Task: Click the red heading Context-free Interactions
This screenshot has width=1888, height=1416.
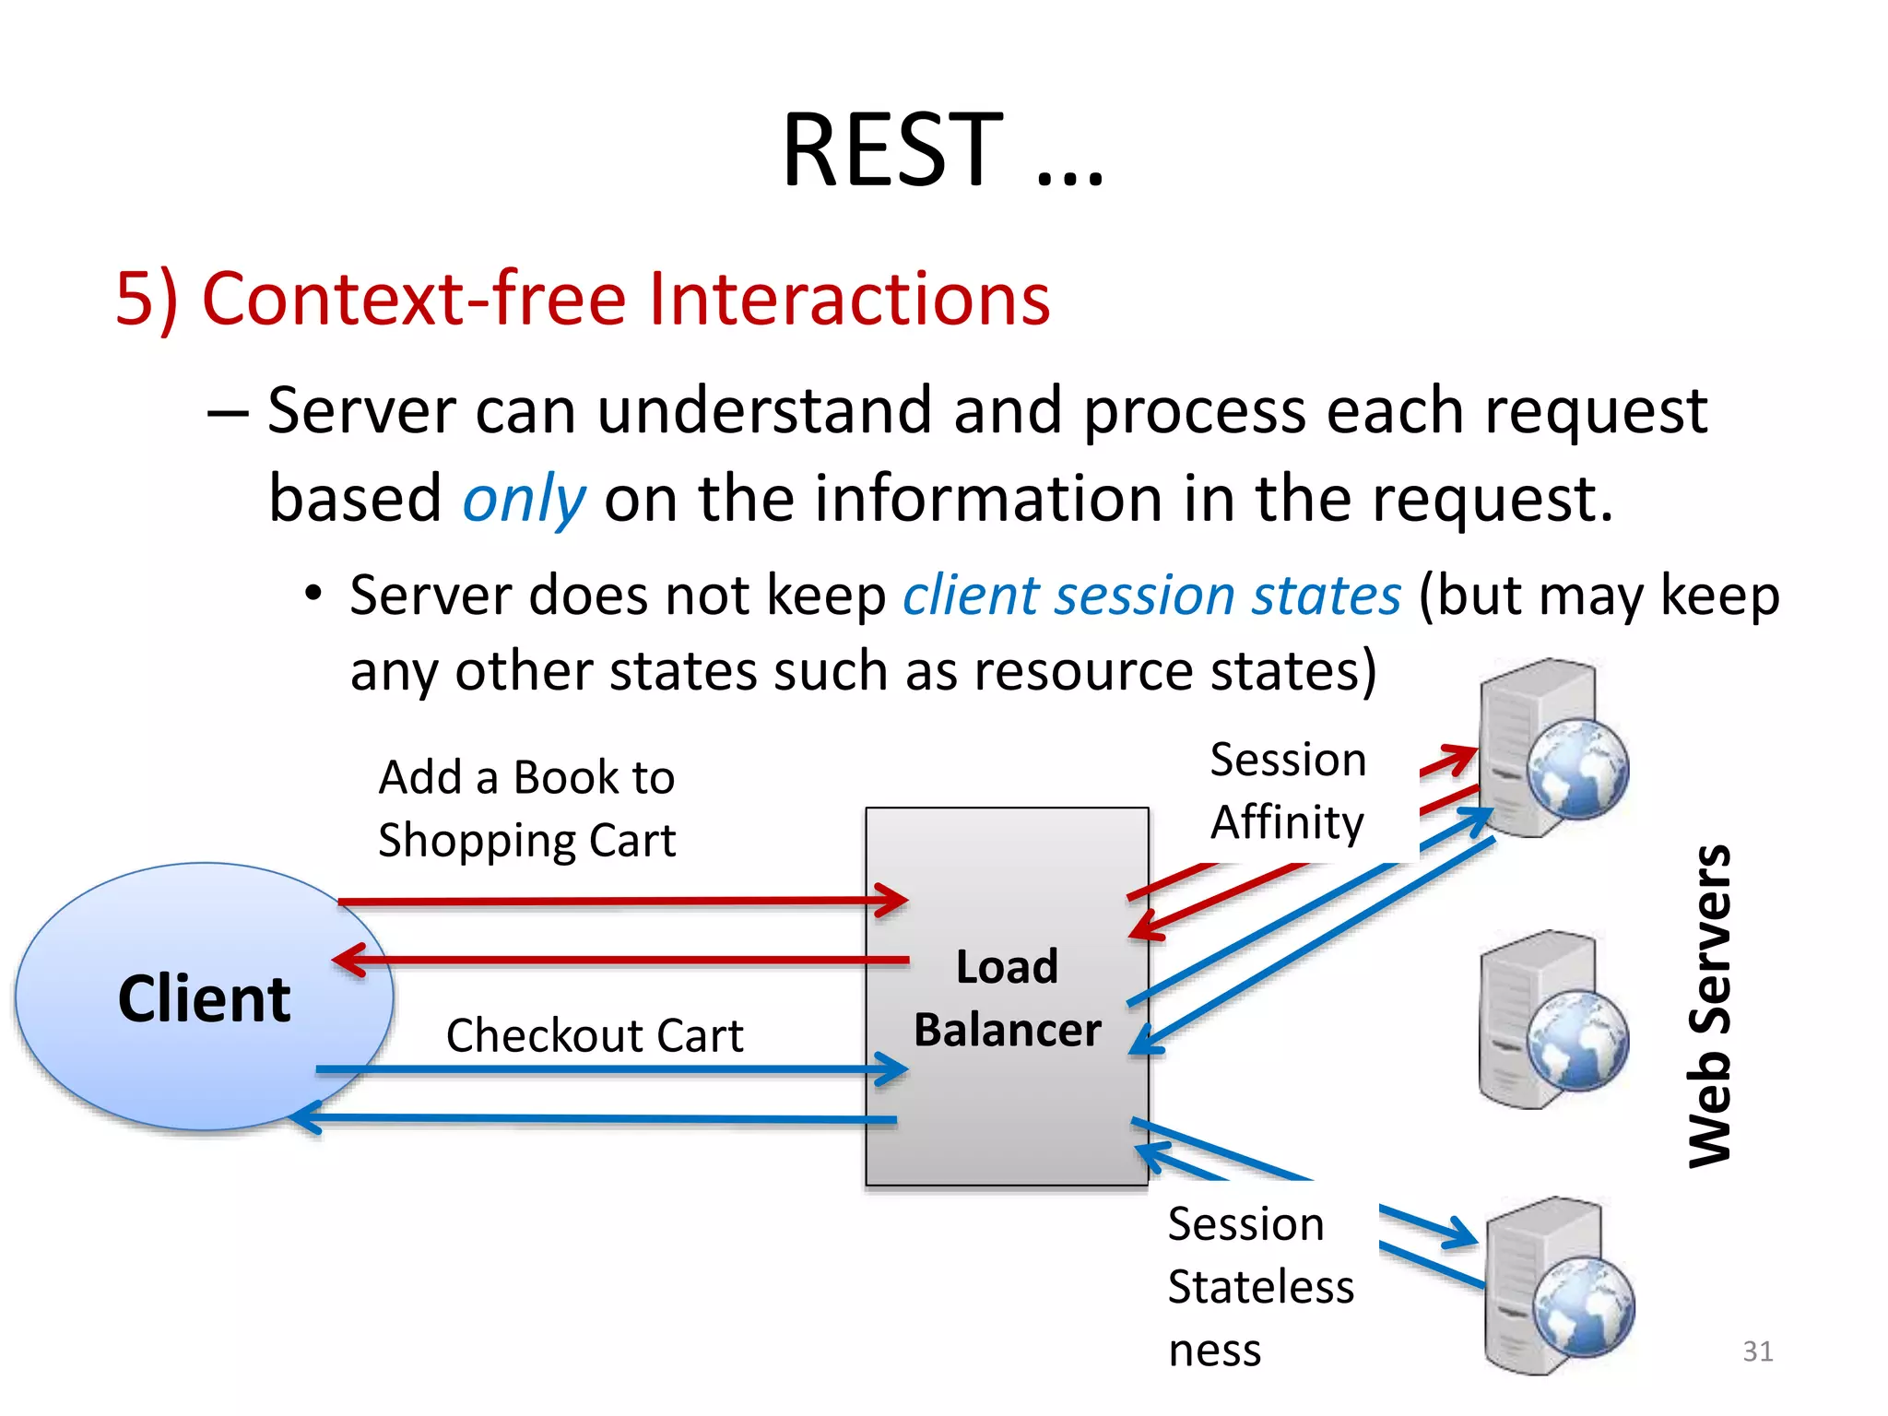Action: pos(583,299)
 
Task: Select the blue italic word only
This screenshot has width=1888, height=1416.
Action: pos(524,499)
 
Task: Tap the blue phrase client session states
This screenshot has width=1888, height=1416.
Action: pos(1151,595)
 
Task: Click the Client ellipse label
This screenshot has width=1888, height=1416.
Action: pos(204,998)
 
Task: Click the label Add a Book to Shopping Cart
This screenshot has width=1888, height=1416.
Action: pos(526,808)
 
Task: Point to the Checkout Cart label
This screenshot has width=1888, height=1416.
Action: pos(595,1034)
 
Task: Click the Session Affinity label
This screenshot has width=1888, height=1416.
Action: pos(1288,790)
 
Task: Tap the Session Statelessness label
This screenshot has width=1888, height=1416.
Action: pos(1259,1286)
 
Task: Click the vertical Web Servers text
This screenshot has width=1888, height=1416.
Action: pos(1710,1006)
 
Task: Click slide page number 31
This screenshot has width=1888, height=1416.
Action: pos(1757,1351)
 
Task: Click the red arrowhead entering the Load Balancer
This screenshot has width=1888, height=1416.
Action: pos(894,900)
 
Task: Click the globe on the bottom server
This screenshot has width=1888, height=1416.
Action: pos(1583,1306)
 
